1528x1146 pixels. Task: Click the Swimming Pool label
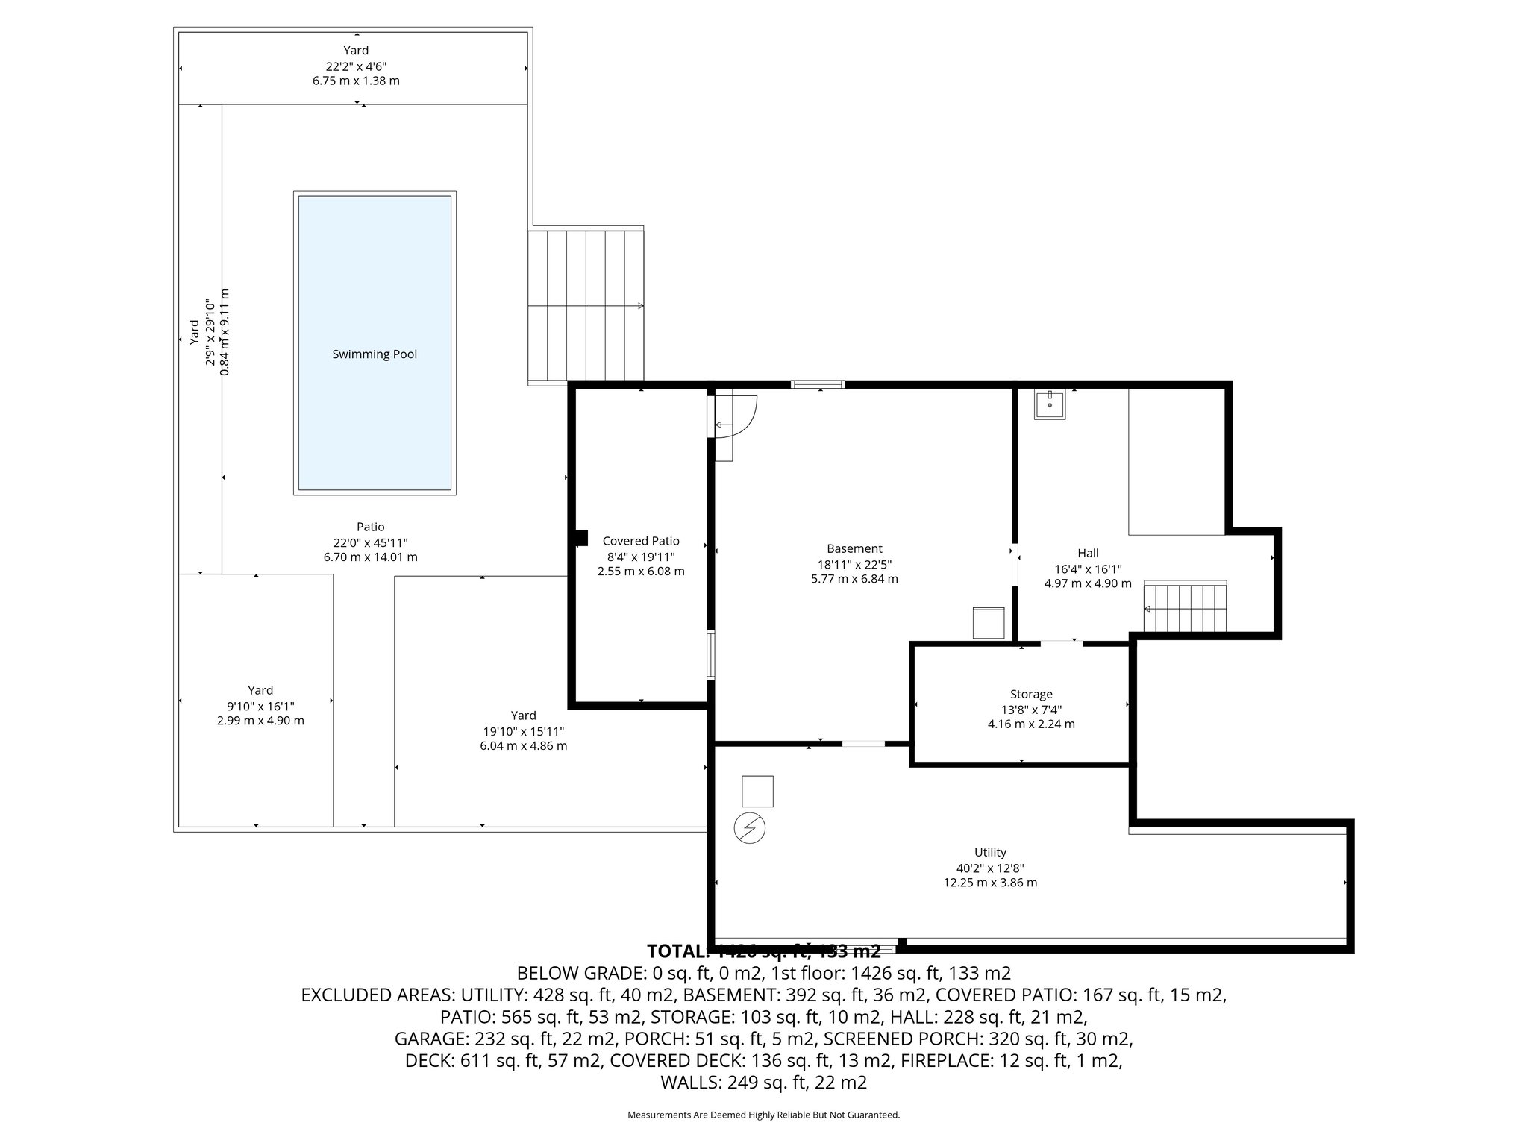click(374, 354)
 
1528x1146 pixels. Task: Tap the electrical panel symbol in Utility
click(750, 828)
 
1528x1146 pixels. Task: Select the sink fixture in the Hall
click(1049, 404)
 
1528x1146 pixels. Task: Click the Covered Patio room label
click(641, 541)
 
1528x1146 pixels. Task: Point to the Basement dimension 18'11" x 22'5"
click(854, 564)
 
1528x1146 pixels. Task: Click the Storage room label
click(1031, 694)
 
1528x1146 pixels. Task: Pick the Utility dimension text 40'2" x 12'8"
click(990, 868)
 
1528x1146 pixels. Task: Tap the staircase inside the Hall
click(1186, 607)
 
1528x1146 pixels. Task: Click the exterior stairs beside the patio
click(586, 306)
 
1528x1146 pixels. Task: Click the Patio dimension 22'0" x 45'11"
click(370, 542)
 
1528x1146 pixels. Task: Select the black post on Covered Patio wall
click(581, 538)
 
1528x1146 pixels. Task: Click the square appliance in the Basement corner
click(989, 623)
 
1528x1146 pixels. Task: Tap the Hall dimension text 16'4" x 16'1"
click(1088, 569)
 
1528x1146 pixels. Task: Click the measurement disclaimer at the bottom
click(763, 1115)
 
